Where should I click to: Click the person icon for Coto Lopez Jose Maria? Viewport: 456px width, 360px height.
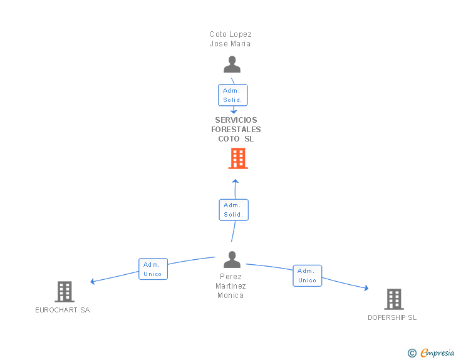232,64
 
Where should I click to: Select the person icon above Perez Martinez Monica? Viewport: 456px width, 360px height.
232,259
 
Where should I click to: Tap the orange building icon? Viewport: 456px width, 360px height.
238,158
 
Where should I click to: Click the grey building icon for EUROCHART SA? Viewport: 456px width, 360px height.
65,292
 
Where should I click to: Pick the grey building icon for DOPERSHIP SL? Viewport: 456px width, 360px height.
394,299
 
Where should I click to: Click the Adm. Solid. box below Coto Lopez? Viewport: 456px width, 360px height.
233,95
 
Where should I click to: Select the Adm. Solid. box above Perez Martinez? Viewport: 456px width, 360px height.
234,210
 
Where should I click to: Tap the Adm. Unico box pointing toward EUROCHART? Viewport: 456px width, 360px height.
153,269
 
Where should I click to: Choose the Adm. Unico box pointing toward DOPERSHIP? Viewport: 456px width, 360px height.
308,275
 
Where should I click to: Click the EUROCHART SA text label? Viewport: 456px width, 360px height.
63,310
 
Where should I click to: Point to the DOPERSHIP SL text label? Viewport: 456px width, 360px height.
392,317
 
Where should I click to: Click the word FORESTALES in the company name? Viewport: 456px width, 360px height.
236,130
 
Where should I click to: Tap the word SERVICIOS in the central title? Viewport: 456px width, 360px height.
236,120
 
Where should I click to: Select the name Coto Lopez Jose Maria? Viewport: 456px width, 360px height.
231,39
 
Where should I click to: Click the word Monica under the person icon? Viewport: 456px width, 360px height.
231,296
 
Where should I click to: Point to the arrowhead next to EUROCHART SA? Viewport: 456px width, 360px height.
93,281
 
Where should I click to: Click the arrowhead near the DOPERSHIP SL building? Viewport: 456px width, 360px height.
366,288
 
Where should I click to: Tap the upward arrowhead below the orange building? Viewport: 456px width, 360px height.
236,181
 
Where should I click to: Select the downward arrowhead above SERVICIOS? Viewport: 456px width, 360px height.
234,111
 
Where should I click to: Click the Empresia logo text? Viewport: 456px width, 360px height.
437,353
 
